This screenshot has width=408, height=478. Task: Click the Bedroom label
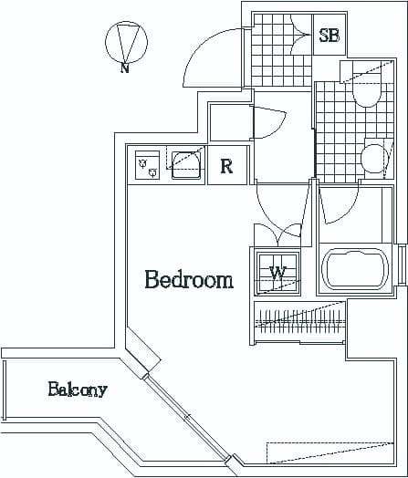pyautogui.click(x=189, y=280)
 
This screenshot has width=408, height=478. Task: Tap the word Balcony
pyautogui.click(x=78, y=390)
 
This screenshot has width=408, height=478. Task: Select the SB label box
pyautogui.click(x=330, y=36)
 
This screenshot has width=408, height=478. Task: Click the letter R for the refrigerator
pyautogui.click(x=226, y=167)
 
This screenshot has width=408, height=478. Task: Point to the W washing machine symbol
pyautogui.click(x=277, y=273)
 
